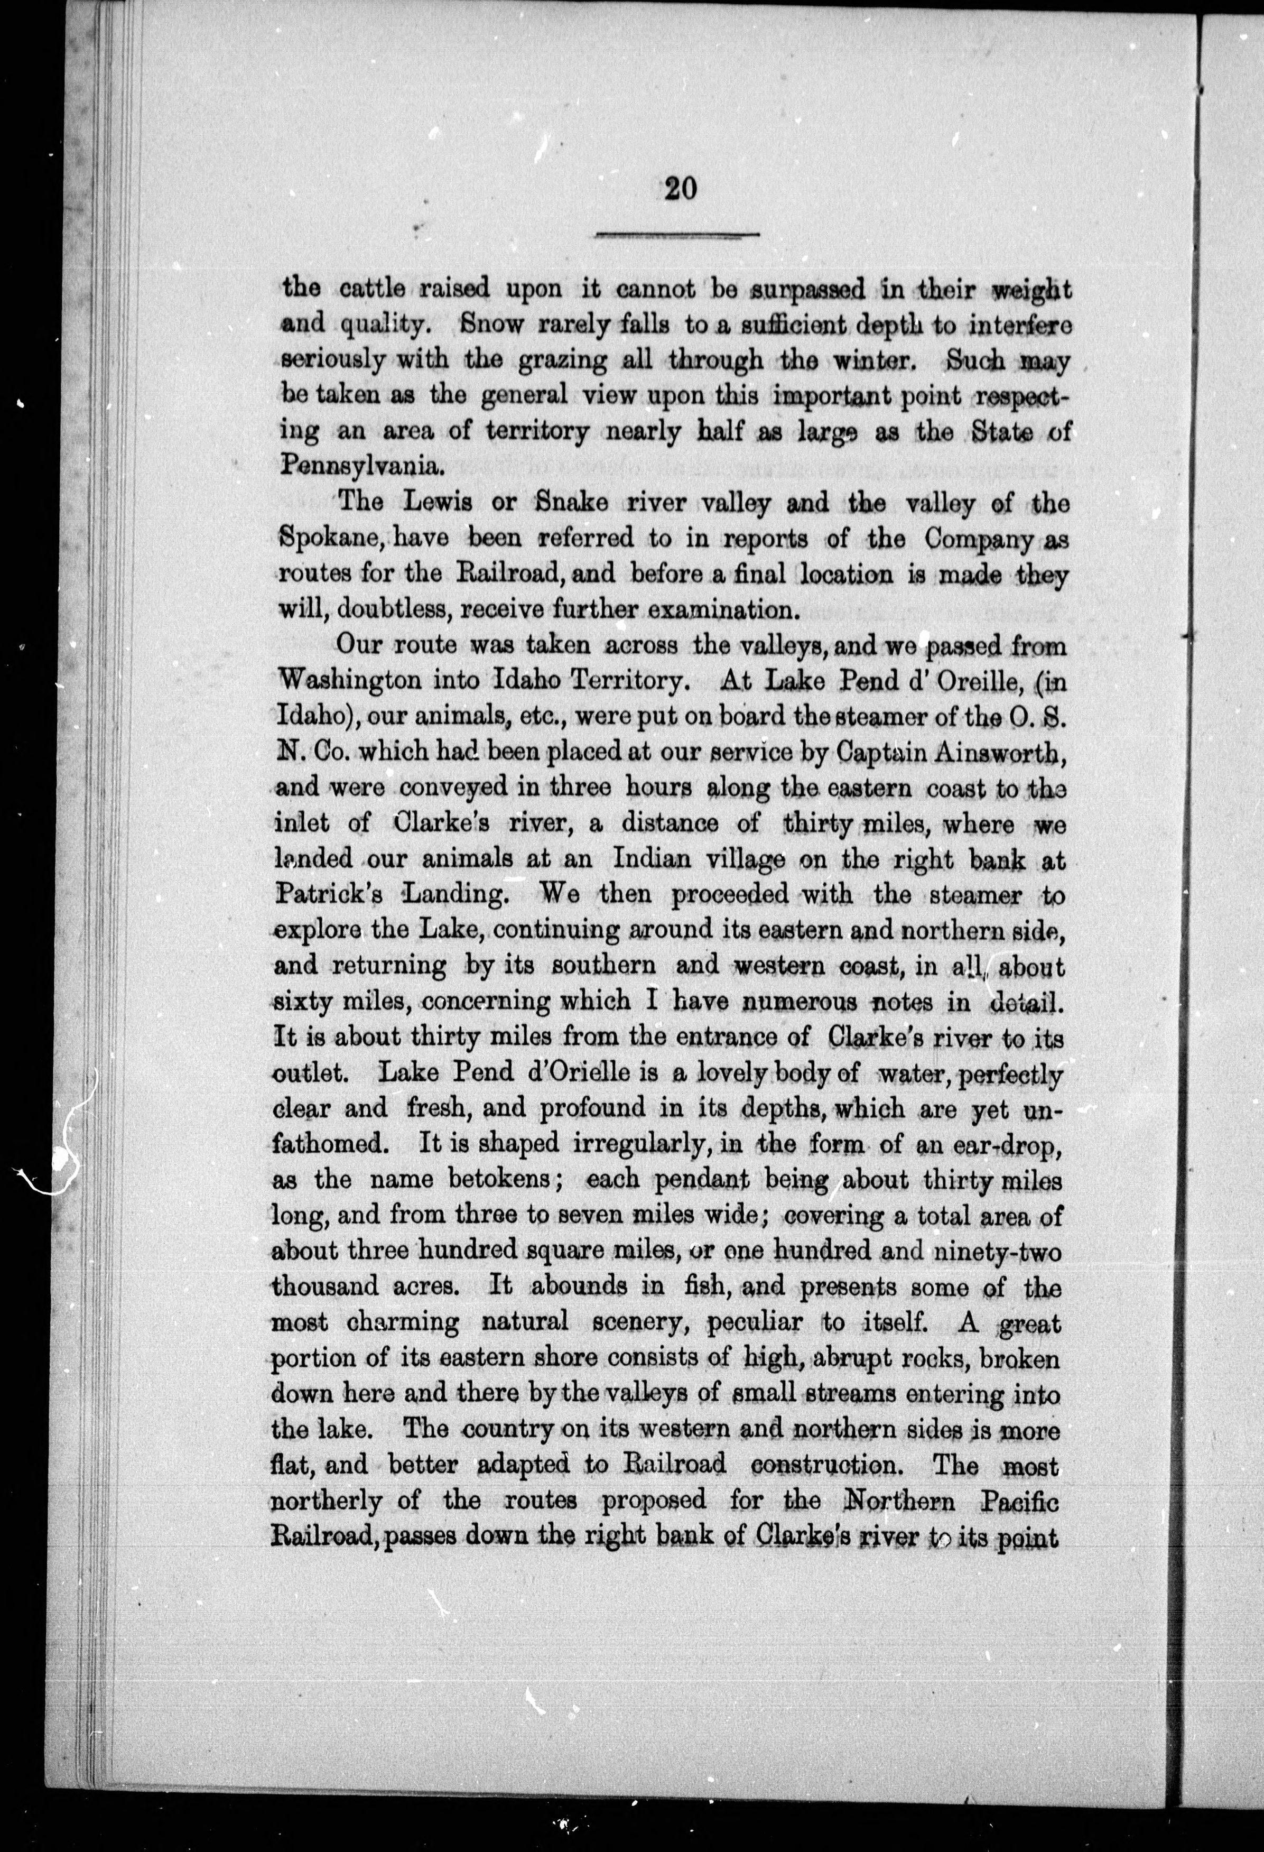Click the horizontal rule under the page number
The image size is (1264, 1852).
pos(678,234)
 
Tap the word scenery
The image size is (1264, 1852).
pos(638,1322)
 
